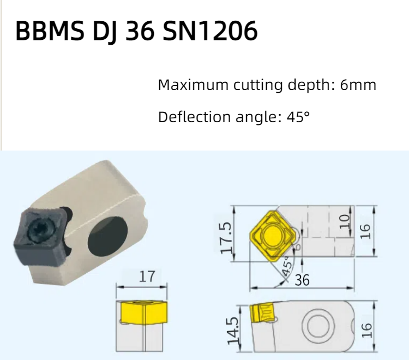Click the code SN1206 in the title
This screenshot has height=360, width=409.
point(210,31)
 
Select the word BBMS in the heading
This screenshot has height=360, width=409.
point(50,31)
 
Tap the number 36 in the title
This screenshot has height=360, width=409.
point(139,31)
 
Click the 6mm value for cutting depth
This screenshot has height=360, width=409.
point(358,85)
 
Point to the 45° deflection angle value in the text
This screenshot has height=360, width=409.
point(298,117)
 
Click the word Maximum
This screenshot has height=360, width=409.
point(193,85)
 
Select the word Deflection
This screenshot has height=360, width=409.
point(194,117)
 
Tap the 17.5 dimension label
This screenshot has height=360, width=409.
point(226,238)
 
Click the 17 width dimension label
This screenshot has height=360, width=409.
point(147,277)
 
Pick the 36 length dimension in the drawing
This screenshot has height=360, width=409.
point(302,280)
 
